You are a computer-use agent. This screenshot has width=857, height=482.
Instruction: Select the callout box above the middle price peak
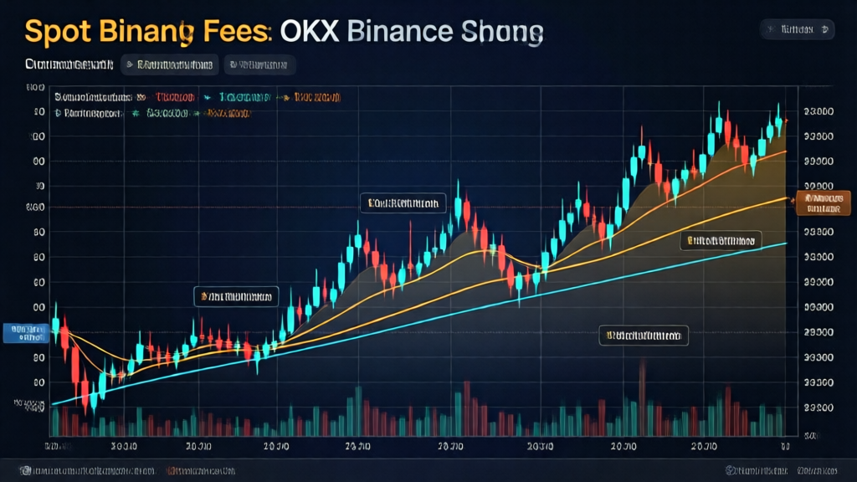[x=403, y=203]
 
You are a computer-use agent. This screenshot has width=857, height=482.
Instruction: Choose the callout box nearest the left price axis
[x=235, y=295]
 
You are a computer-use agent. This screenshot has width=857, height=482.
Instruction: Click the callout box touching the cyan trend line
[x=721, y=241]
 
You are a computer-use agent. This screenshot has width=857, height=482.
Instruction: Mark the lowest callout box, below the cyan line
[x=644, y=336]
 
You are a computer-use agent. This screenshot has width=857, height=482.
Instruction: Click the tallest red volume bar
[x=643, y=393]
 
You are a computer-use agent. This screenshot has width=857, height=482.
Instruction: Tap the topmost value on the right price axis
[x=817, y=110]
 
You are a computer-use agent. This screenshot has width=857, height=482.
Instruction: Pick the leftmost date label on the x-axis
[x=57, y=445]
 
